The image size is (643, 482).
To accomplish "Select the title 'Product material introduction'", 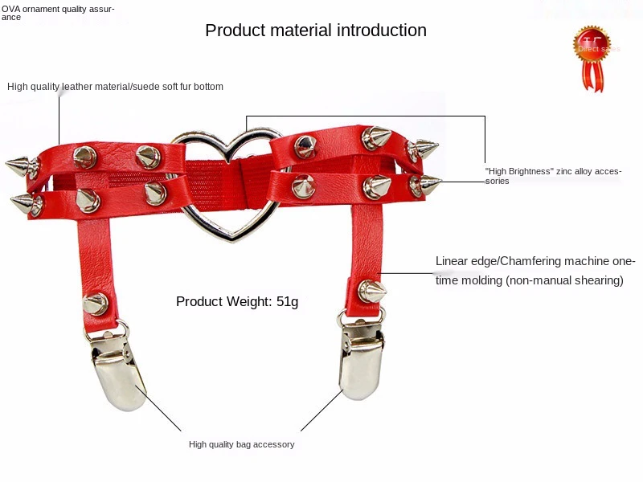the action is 316,31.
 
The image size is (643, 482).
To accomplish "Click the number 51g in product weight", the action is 287,302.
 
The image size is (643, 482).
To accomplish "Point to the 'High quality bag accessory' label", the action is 241,444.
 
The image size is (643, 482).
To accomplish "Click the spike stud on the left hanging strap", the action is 95,303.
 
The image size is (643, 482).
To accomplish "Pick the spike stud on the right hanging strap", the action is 371,290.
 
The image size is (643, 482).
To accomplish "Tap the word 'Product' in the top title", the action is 235,31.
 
